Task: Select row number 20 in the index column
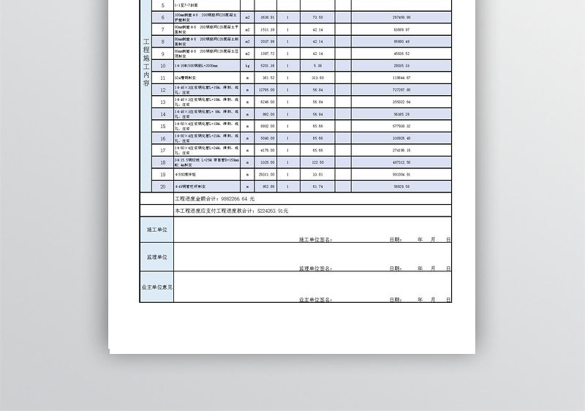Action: point(162,186)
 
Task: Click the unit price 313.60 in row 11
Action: point(317,77)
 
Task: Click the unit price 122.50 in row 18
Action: point(317,162)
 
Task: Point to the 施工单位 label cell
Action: point(156,229)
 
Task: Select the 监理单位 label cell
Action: point(156,257)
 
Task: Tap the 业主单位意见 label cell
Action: point(156,287)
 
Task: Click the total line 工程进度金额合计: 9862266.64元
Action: point(214,199)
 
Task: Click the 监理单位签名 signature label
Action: point(315,269)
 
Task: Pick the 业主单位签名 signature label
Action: point(315,300)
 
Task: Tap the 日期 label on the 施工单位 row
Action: point(395,239)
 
